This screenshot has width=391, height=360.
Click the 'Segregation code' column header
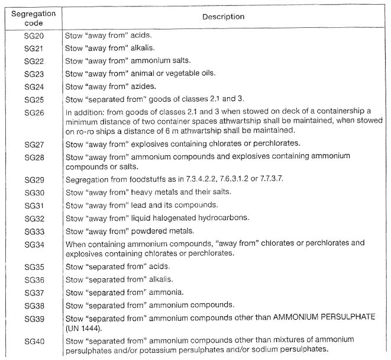pyautogui.click(x=33, y=16)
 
